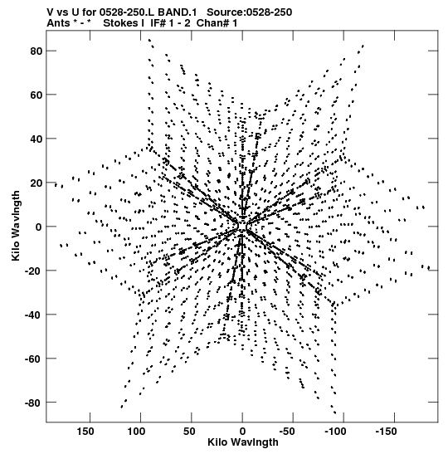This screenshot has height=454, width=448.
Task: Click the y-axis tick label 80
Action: click(37, 51)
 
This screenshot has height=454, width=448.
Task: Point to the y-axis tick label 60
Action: click(37, 95)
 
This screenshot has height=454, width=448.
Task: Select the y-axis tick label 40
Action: click(37, 139)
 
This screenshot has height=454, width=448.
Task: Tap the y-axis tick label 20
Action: click(37, 183)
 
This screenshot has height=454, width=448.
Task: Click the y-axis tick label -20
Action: click(33, 271)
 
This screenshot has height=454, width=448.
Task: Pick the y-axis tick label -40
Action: click(33, 315)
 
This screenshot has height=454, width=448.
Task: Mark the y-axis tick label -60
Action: click(33, 359)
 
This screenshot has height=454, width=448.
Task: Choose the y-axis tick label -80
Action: click(33, 403)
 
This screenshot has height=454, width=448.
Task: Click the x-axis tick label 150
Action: click(85, 432)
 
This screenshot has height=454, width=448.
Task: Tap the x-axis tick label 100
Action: click(136, 432)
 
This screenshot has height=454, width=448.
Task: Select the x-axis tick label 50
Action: click(189, 432)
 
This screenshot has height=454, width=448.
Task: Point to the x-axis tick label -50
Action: click(287, 432)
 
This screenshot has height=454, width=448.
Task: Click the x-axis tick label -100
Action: click(335, 432)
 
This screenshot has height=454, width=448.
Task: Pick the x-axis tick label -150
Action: click(386, 432)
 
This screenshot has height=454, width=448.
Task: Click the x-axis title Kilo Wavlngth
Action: click(243, 442)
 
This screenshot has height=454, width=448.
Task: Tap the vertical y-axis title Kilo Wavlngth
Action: click(16, 226)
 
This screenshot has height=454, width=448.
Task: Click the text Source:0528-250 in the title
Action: click(250, 12)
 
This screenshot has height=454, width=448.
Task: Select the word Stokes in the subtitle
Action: click(120, 23)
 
